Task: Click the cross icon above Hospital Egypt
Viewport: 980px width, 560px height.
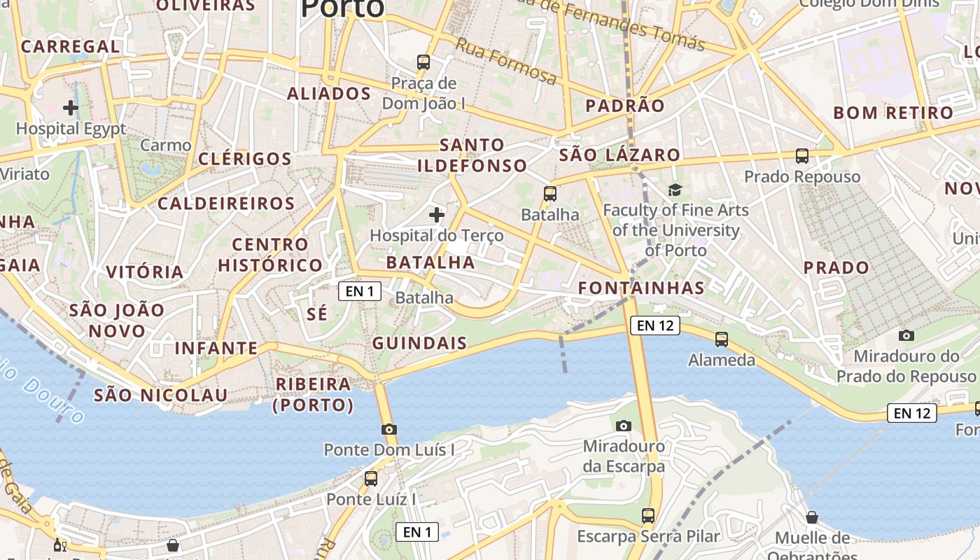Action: (x=71, y=108)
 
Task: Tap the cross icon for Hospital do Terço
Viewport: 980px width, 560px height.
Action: (x=437, y=214)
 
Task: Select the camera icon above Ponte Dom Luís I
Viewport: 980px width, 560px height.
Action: (x=389, y=429)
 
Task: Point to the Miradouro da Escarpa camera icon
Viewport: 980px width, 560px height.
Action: (x=623, y=426)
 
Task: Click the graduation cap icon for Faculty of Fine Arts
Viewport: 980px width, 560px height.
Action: (x=675, y=190)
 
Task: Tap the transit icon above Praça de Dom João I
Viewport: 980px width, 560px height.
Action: (x=423, y=62)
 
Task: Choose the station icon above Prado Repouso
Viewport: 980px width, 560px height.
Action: (x=802, y=156)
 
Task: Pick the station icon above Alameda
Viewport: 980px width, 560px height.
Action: (x=722, y=339)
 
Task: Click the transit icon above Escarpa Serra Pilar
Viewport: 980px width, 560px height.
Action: (x=648, y=516)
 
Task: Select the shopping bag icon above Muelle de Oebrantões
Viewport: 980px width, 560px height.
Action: (x=812, y=517)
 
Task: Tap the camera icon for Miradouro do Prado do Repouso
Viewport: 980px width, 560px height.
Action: (x=906, y=336)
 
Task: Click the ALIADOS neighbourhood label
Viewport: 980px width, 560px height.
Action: (x=329, y=94)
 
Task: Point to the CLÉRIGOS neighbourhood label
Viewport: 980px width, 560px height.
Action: (x=245, y=159)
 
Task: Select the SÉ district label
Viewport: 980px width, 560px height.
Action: (x=317, y=314)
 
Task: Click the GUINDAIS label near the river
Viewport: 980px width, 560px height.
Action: (x=419, y=343)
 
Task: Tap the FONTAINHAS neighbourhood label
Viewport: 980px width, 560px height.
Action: (x=641, y=288)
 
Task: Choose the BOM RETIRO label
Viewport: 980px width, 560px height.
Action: (x=893, y=113)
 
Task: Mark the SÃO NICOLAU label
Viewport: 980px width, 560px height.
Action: (x=161, y=395)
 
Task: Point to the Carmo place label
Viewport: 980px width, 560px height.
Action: (x=166, y=146)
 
